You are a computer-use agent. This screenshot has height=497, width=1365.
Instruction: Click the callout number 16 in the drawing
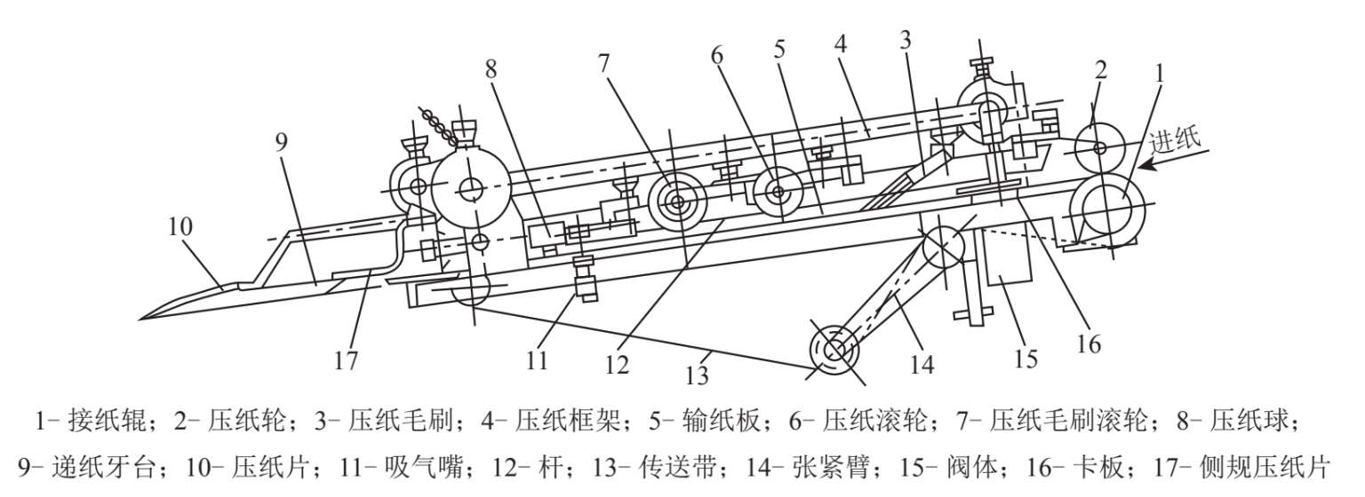1090,343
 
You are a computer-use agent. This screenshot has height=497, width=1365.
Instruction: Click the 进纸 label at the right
1175,139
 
